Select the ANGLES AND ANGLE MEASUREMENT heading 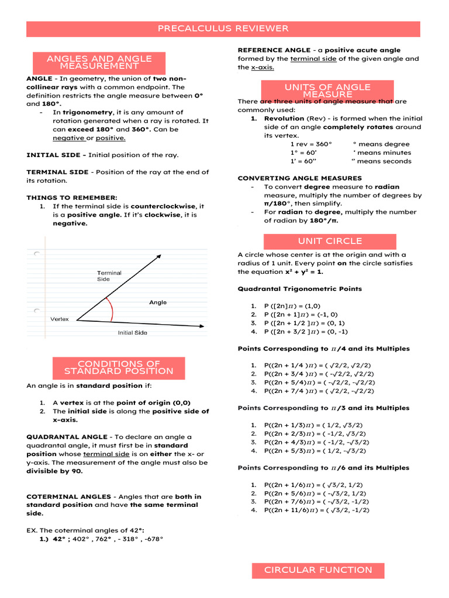99,62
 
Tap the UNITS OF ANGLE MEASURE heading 327,91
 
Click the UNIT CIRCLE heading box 330,241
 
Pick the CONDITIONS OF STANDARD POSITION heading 119,367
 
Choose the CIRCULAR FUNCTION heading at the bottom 317,570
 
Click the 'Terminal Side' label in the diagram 109,276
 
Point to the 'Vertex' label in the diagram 60,319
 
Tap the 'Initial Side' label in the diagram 133,333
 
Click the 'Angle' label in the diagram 158,303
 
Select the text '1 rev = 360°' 311,144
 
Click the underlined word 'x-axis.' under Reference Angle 263,67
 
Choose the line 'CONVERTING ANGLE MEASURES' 300,178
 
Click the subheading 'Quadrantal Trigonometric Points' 300,288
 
